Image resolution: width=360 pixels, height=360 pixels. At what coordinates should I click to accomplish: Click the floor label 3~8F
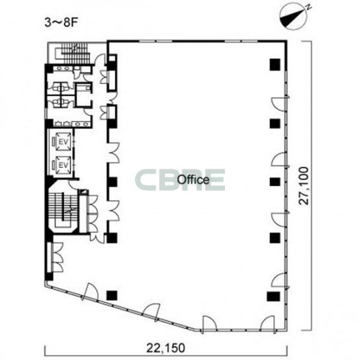click(x=62, y=22)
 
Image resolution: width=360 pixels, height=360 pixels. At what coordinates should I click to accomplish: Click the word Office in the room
click(x=193, y=180)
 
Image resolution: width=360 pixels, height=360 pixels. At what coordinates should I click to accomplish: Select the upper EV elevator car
click(x=64, y=142)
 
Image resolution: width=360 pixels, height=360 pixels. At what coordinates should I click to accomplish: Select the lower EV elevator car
click(x=64, y=165)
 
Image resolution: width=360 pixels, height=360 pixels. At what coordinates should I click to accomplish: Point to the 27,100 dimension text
click(x=304, y=185)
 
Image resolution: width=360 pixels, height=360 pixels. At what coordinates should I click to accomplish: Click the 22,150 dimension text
click(x=165, y=348)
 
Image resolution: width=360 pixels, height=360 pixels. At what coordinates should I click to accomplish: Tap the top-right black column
click(x=275, y=64)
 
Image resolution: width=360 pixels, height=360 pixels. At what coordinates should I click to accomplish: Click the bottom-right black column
click(x=273, y=296)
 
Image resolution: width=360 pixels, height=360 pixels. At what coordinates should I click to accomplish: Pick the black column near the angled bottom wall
click(x=112, y=296)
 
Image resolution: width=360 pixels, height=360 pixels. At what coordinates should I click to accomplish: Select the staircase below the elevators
click(x=63, y=210)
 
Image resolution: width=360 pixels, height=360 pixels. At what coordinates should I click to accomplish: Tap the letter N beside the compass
click(x=309, y=7)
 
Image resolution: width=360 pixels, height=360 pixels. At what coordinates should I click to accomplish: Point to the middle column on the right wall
click(x=275, y=181)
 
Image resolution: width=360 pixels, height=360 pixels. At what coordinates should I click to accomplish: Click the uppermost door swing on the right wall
click(x=279, y=105)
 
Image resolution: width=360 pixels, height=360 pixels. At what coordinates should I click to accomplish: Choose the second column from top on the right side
click(x=275, y=123)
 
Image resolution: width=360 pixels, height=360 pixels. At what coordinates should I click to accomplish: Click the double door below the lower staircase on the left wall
click(x=57, y=257)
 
